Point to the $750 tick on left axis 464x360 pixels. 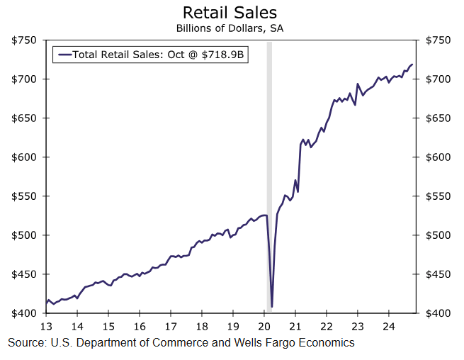click(25, 40)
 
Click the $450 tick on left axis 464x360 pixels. click(25, 274)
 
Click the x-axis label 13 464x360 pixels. click(46, 327)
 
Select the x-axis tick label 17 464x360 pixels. click(171, 327)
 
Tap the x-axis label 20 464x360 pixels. click(264, 327)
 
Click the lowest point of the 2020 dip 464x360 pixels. click(272, 307)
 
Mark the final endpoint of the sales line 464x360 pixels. click(413, 64)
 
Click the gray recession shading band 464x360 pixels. click(268, 177)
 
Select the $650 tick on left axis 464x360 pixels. click(25, 118)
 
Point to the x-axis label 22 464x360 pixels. click(327, 327)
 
